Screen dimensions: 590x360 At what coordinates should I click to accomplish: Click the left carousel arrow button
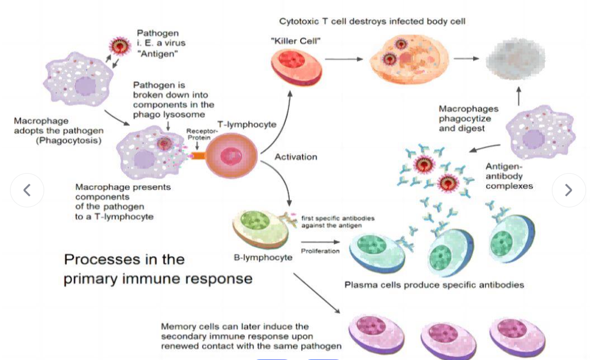pyautogui.click(x=27, y=190)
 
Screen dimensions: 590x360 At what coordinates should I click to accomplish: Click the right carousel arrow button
pyautogui.click(x=568, y=190)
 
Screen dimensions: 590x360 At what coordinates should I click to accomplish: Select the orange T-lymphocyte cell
pyautogui.click(x=231, y=155)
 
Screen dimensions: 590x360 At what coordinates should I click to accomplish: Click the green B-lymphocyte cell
pyautogui.click(x=260, y=228)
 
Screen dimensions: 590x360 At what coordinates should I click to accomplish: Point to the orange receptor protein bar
pyautogui.click(x=198, y=155)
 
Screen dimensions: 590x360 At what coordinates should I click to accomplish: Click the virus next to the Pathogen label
pyautogui.click(x=119, y=46)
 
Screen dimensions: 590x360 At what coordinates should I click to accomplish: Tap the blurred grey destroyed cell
pyautogui.click(x=515, y=59)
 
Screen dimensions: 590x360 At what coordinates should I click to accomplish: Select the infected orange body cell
pyautogui.click(x=409, y=59)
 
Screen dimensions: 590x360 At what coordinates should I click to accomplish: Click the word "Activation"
pyautogui.click(x=296, y=157)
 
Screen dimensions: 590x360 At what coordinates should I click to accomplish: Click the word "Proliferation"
pyautogui.click(x=320, y=251)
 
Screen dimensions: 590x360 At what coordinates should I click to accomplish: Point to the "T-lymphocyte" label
pyautogui.click(x=247, y=124)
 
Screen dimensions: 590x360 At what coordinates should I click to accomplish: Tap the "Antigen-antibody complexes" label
pyautogui.click(x=509, y=176)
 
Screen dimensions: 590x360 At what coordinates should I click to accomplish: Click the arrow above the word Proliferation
pyautogui.click(x=320, y=242)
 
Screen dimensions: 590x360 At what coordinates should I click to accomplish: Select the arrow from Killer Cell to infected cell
pyautogui.click(x=344, y=59)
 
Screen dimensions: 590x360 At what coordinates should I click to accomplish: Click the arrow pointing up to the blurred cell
pyautogui.click(x=519, y=96)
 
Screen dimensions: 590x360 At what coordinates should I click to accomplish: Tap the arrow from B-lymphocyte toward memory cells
pyautogui.click(x=316, y=293)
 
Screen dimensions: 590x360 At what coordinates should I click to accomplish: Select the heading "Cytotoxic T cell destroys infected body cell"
pyautogui.click(x=372, y=22)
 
